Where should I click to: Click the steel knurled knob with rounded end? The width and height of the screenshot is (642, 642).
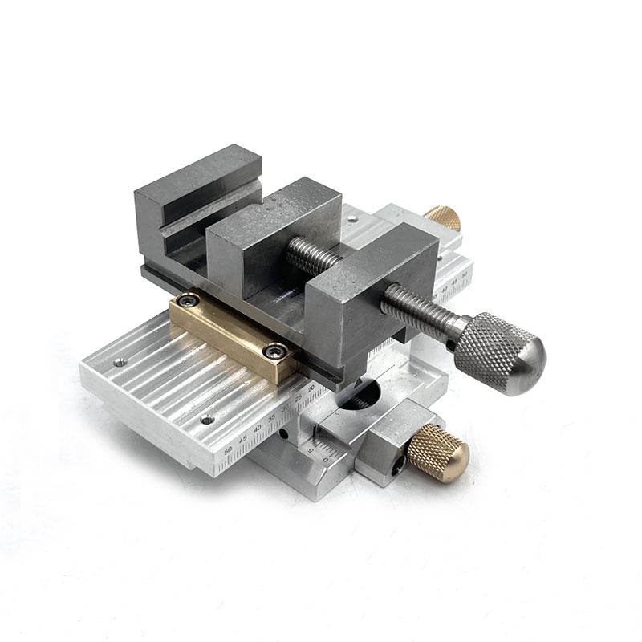(499, 353)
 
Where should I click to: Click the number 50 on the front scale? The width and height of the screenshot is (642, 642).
(228, 451)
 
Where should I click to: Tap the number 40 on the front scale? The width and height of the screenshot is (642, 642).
(258, 428)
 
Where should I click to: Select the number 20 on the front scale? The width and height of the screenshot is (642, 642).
(311, 388)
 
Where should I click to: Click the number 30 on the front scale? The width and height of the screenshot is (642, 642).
(285, 408)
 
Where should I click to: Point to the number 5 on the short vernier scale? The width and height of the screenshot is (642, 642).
(311, 450)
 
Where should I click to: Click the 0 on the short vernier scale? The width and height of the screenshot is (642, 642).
(325, 460)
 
